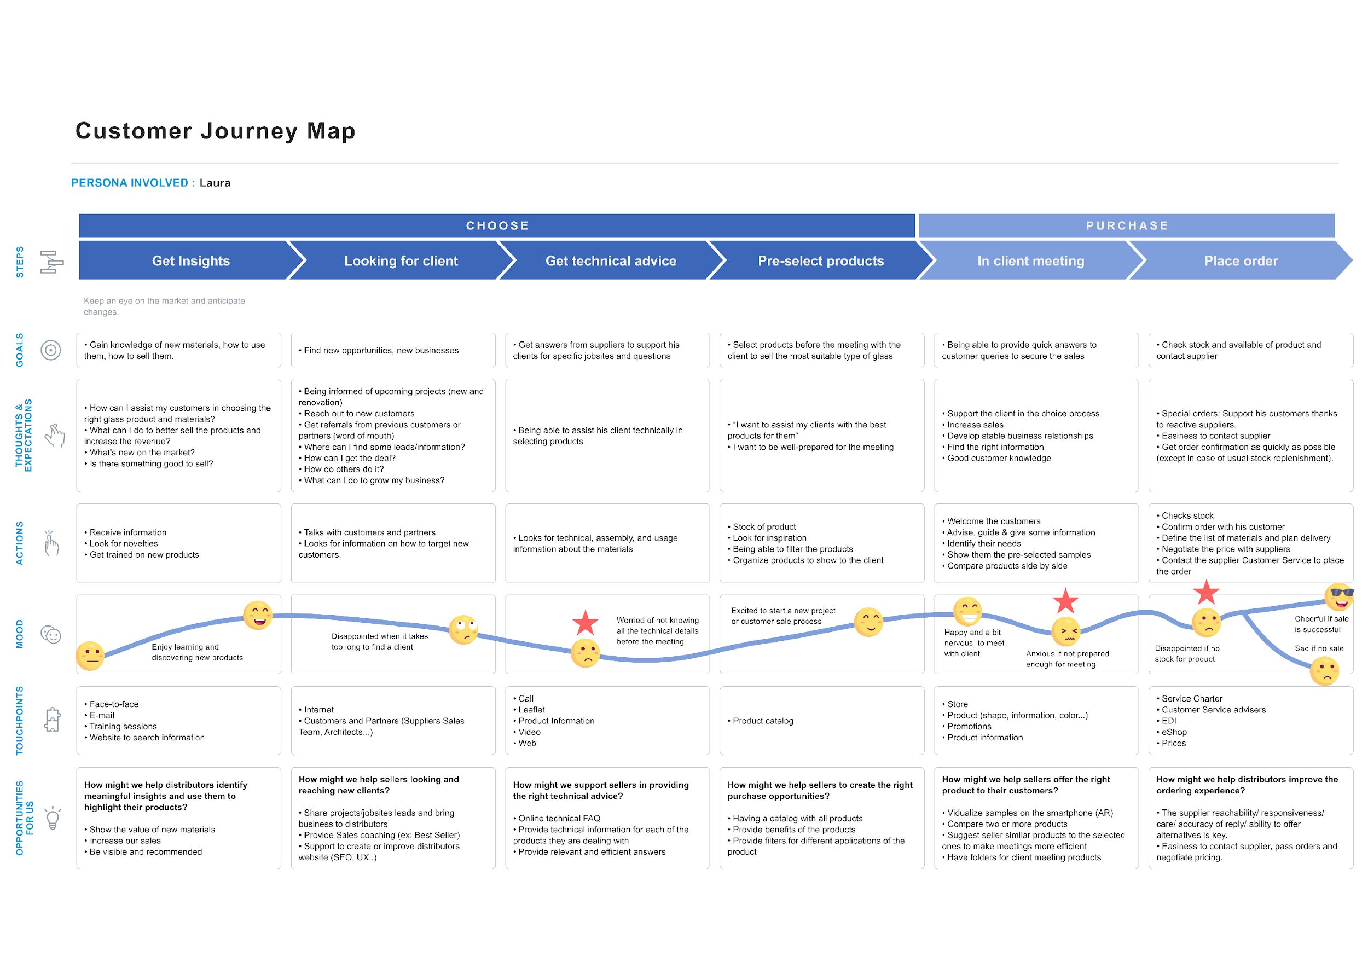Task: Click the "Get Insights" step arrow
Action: pos(191,260)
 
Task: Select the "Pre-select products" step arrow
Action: pos(821,260)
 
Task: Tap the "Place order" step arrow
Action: pos(1241,260)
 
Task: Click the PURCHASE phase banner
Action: pos(1127,226)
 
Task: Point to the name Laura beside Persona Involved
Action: pos(215,183)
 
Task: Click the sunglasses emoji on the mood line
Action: pos(1340,596)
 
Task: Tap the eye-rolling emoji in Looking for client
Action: pos(463,630)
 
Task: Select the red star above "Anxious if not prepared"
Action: pos(1066,601)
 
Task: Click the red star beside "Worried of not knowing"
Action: pos(586,622)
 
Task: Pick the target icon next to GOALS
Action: pos(51,350)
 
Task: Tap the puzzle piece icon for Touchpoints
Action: pos(53,720)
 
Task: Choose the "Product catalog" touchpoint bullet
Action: pos(761,721)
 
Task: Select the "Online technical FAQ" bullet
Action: pos(557,819)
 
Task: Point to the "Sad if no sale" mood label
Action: pos(1319,648)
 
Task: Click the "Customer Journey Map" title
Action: pos(215,131)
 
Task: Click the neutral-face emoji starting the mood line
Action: pos(90,656)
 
